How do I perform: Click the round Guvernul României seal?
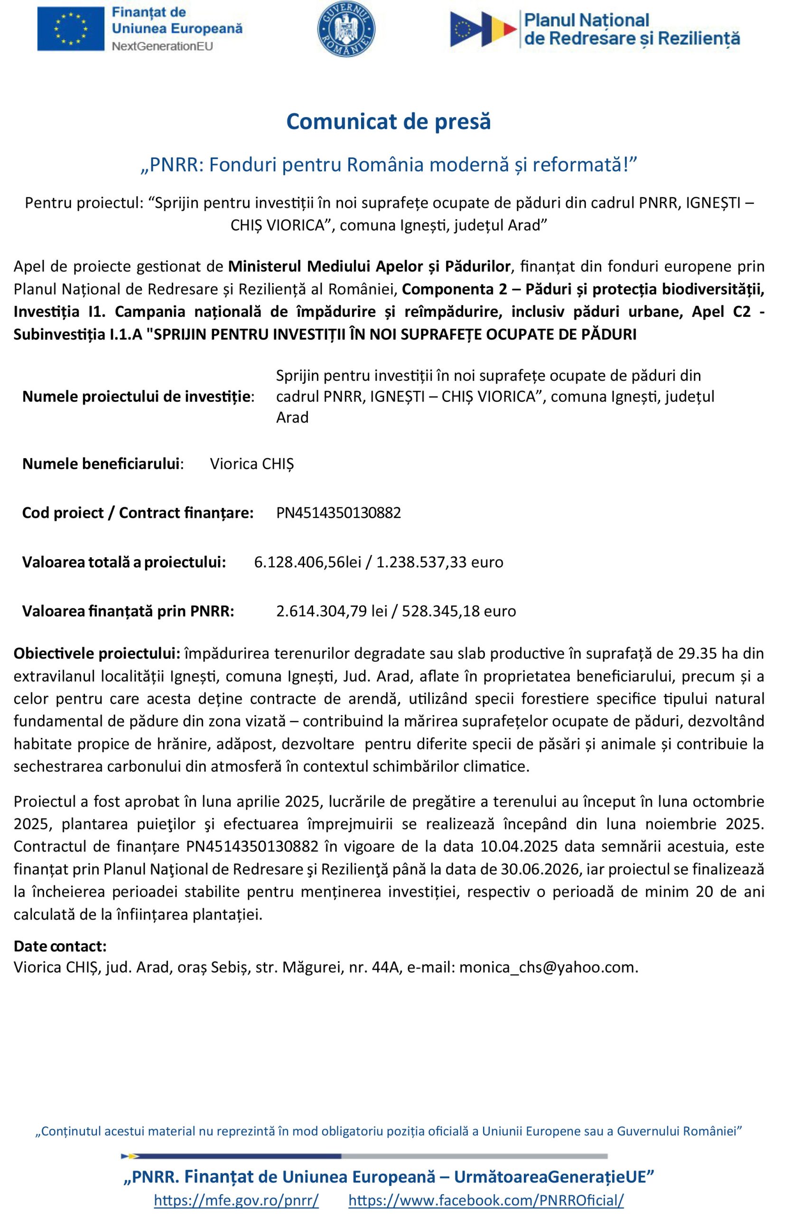point(346,29)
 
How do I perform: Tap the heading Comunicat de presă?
point(388,121)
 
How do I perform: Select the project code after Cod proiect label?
point(338,513)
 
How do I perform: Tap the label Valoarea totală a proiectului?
point(124,562)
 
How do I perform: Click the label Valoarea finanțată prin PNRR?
point(128,611)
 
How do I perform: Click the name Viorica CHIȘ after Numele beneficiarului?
point(252,464)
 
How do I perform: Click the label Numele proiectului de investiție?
point(138,397)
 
